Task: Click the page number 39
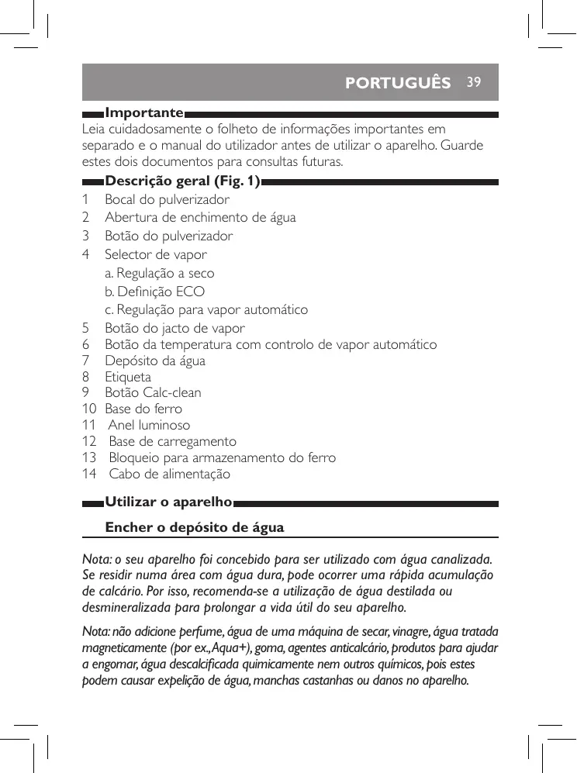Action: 474,81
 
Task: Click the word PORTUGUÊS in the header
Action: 398,83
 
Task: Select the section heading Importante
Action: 144,113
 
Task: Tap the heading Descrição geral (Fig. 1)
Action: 182,181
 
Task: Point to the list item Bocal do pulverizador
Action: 168,199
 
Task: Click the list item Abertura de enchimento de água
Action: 200,218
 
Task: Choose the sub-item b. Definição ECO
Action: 155,292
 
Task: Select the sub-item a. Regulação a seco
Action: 160,273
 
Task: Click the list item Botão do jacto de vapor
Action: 174,328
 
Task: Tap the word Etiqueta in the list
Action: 128,377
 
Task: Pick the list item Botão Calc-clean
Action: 153,392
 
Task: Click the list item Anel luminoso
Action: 149,425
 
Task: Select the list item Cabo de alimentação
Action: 169,474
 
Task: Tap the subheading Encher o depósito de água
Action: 195,528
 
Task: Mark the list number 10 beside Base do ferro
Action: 89,409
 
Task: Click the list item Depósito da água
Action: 155,361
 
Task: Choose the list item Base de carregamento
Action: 172,441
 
